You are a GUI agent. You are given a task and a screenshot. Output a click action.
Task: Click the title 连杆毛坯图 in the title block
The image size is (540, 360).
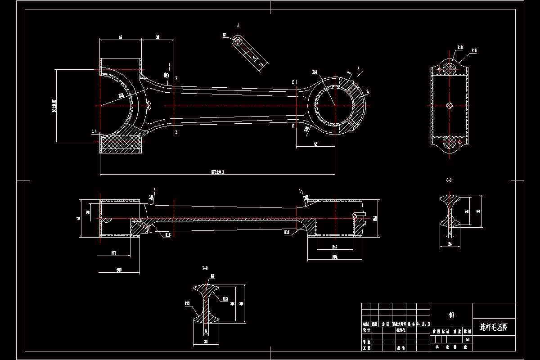494,327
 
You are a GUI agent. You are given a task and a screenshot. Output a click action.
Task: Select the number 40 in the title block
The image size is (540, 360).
451,315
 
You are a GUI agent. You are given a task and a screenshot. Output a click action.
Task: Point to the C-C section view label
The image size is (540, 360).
449,180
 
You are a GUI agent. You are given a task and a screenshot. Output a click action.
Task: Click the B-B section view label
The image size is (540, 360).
205,268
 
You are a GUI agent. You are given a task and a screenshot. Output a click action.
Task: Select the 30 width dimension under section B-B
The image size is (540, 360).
206,342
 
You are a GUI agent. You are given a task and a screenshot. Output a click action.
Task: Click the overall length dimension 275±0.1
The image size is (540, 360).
218,172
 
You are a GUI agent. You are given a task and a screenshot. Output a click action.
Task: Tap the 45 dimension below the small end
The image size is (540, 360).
315,144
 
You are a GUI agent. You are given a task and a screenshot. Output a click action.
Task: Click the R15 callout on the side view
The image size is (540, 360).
167,234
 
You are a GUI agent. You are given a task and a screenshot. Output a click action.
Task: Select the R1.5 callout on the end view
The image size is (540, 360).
474,51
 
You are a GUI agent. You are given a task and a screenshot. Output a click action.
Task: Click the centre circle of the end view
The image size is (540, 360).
450,105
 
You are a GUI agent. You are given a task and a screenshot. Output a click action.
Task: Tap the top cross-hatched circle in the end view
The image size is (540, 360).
450,68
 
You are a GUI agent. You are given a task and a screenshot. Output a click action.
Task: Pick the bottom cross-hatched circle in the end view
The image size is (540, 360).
450,143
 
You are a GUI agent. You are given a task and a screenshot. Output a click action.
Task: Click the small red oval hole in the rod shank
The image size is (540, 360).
149,105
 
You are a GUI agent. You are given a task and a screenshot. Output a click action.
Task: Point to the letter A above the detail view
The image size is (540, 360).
238,26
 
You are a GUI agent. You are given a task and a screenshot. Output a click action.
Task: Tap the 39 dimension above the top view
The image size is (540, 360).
157,37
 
